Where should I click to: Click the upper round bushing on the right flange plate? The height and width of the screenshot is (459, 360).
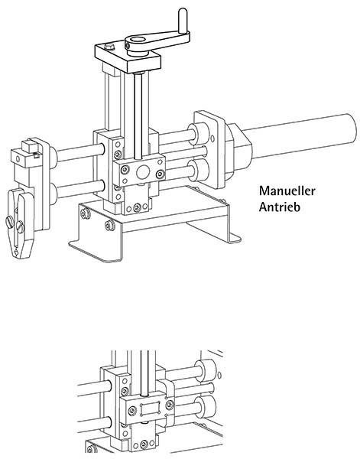(x=200, y=134)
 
